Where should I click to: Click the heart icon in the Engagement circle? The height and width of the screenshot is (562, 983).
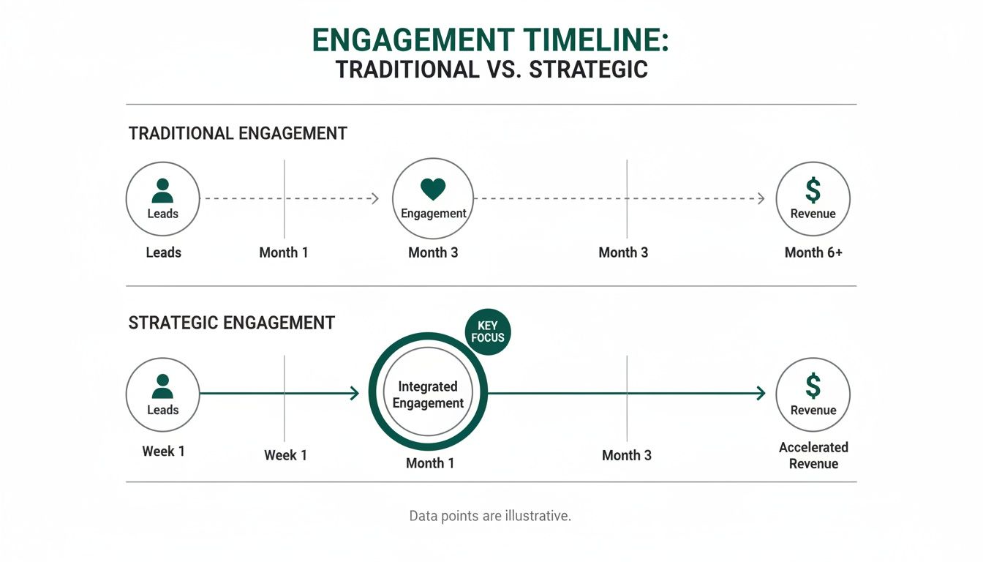[433, 189]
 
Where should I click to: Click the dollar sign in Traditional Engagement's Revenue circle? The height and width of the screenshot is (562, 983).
[813, 190]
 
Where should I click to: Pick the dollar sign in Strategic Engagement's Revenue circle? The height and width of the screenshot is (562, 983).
[813, 386]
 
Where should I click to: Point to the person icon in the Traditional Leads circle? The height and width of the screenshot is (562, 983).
[162, 190]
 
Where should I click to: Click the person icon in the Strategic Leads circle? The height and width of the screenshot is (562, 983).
[162, 386]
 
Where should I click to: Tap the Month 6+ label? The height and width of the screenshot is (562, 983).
[813, 252]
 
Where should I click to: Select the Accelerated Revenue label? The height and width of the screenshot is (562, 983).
[813, 455]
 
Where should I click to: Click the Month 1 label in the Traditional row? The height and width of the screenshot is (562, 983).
[284, 252]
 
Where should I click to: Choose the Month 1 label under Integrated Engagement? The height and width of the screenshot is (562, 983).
[430, 463]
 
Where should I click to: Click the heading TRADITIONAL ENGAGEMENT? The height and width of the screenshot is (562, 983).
[238, 134]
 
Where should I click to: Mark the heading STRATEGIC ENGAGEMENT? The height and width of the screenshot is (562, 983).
[232, 323]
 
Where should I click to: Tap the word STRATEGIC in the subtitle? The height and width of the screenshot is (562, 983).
[588, 70]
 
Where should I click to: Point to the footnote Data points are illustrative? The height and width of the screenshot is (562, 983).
[489, 516]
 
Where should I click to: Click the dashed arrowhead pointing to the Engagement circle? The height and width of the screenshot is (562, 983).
[375, 198]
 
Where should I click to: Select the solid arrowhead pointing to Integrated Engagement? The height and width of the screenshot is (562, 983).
[355, 394]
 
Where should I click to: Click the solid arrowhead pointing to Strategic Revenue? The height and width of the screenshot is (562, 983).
[761, 394]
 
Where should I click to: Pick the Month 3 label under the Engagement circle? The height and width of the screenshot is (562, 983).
[433, 252]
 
